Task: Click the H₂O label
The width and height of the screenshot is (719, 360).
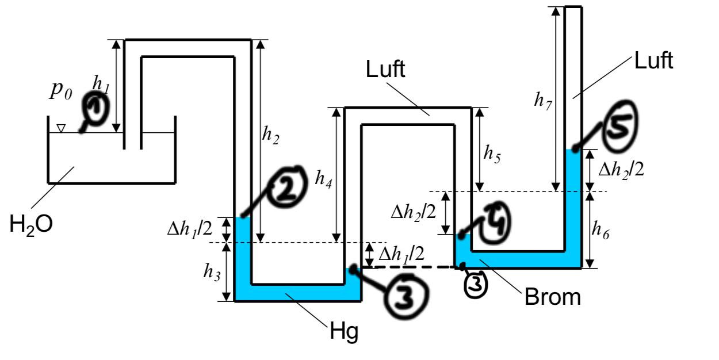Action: click(x=31, y=225)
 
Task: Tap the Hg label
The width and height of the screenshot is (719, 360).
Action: click(x=344, y=331)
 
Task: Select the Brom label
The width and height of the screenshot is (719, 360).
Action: click(x=553, y=297)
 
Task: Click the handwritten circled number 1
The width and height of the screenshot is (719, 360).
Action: click(x=96, y=108)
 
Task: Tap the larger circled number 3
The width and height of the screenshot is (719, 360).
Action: click(x=406, y=295)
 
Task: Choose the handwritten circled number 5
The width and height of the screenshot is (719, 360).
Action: click(x=621, y=126)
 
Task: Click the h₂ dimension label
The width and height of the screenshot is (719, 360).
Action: click(x=270, y=135)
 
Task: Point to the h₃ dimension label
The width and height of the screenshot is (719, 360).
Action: click(x=212, y=273)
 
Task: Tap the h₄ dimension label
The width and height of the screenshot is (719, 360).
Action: click(x=323, y=178)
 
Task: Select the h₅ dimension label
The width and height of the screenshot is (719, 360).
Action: click(x=492, y=154)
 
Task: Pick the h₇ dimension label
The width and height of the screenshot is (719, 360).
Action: click(x=543, y=101)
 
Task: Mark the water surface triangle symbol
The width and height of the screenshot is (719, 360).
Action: click(x=61, y=128)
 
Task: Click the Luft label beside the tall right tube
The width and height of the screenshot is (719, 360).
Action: click(x=653, y=60)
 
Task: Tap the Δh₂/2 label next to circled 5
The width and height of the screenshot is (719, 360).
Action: click(x=621, y=170)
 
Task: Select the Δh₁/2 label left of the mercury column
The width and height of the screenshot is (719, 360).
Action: click(x=190, y=229)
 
